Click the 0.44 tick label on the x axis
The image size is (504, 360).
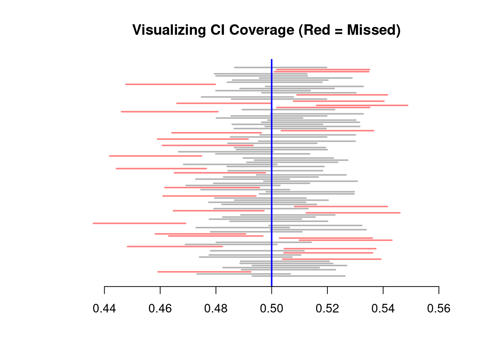pos(104,309)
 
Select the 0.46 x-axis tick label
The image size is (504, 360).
pos(160,309)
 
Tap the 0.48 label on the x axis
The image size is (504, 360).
pos(216,309)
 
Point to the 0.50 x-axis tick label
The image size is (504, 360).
pos(271,309)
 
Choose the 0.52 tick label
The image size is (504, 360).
pos(327,309)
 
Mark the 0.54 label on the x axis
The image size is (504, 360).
pos(383,309)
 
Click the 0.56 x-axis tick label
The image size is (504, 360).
pos(439,309)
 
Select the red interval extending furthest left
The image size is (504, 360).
pos(139,223)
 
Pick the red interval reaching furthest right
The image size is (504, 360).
pos(362,105)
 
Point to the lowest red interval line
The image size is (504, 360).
pos(204,271)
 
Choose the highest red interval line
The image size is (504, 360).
pos(323,69)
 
